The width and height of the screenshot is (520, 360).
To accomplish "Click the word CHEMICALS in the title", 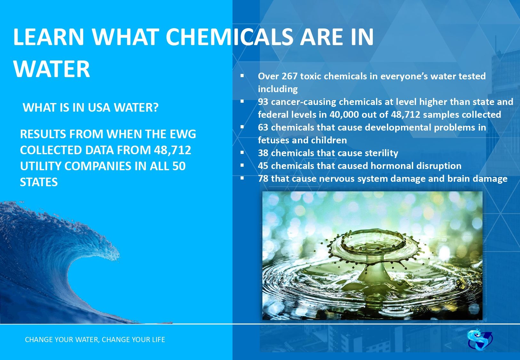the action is click(229, 37).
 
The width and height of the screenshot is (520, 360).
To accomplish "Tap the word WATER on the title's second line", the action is click(52, 69).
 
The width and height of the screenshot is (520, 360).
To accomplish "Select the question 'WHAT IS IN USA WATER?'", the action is click(91, 108).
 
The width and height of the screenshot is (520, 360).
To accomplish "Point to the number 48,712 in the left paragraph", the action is click(172, 150).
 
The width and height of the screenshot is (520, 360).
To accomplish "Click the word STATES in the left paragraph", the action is click(39, 182).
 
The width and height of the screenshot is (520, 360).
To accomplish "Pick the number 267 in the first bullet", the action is click(289, 76).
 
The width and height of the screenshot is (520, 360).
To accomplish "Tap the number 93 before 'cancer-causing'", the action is click(263, 102).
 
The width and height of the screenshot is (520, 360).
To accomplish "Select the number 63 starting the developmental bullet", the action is click(263, 127).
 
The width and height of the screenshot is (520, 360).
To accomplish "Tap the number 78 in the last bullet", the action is click(263, 179).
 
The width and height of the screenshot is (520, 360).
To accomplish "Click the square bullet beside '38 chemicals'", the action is click(242, 153).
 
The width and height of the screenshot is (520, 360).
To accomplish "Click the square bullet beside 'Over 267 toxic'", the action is click(242, 76).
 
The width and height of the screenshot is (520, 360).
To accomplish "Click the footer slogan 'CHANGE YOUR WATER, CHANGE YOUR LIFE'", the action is click(95, 340).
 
